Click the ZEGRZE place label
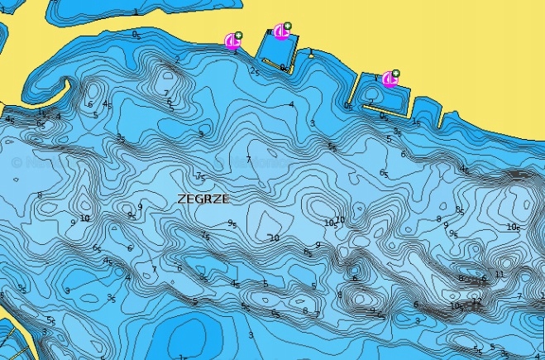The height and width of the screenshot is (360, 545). click(203, 199)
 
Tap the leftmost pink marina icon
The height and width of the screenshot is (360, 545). click(232, 41)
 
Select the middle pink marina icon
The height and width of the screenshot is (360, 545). click(280, 32)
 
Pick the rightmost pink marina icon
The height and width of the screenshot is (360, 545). click(389, 79)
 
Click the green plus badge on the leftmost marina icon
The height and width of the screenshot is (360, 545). click(238, 36)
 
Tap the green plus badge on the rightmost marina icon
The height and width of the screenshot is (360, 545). click(395, 73)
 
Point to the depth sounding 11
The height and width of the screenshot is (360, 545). click(499, 274)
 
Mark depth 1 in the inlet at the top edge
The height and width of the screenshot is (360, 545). click(136, 12)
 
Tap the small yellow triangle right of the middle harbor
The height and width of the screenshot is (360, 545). click(310, 55)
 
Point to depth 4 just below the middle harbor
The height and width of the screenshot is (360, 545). click(291, 104)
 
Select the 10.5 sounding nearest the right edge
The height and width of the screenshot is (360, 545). click(514, 227)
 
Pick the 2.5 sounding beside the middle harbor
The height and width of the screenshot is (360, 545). click(255, 72)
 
